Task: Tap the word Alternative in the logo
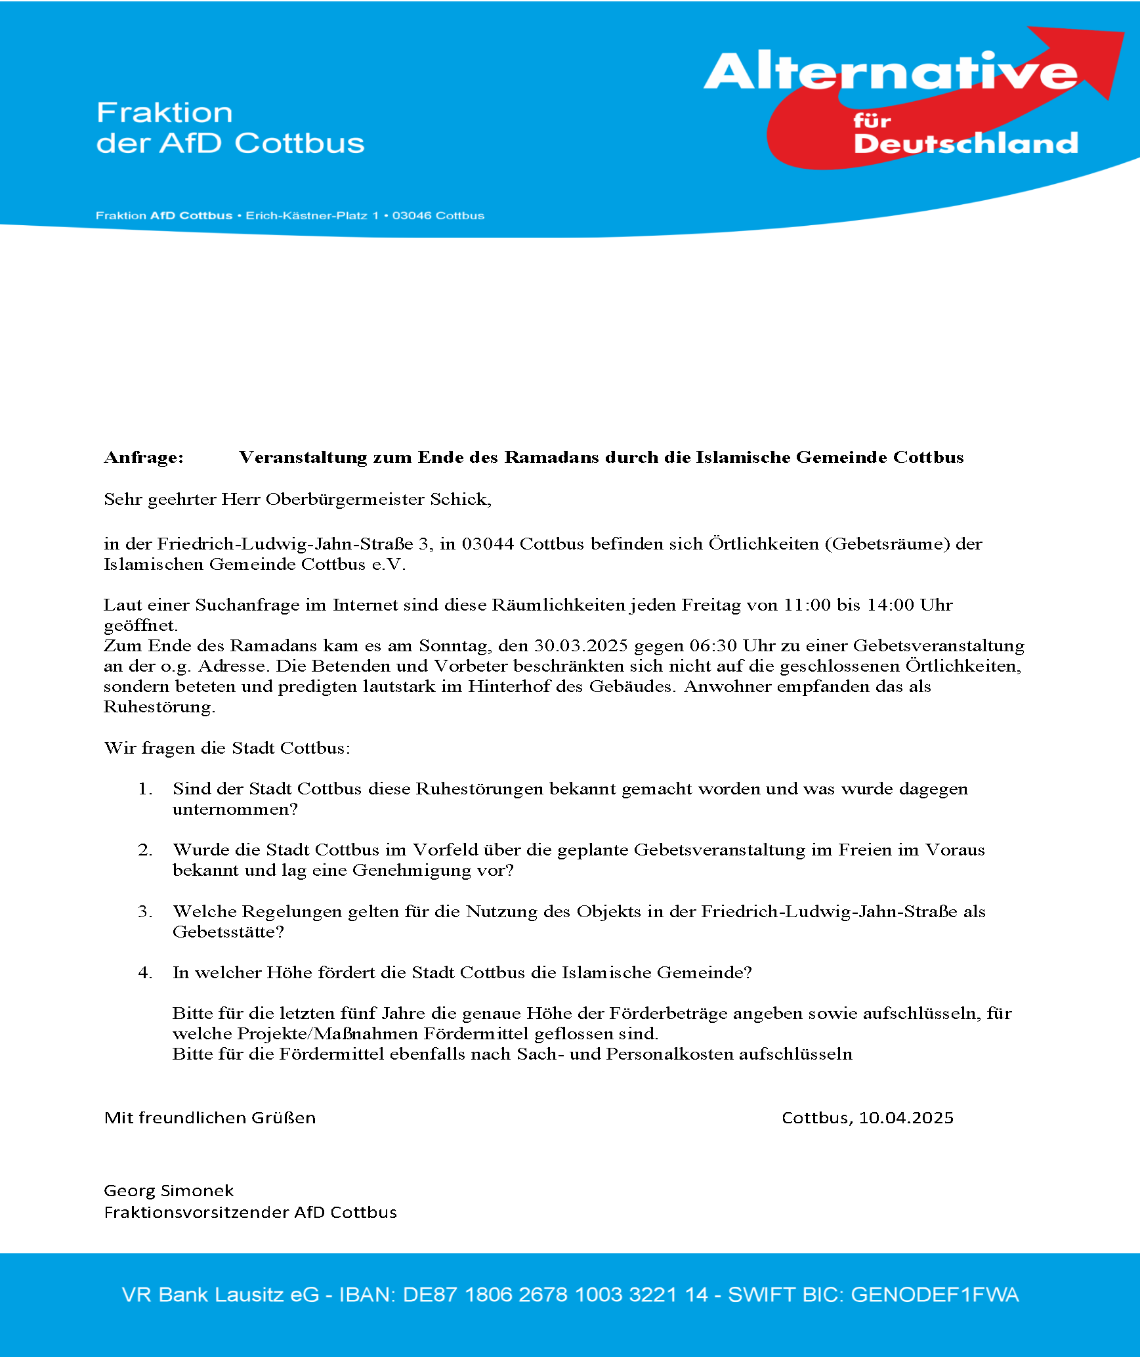[889, 72]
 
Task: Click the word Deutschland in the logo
[965, 143]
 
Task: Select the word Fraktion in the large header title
[165, 113]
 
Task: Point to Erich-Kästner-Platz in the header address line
[306, 216]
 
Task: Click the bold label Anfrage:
[144, 458]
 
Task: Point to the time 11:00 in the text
[807, 605]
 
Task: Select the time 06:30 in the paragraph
[713, 646]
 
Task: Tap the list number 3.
[144, 912]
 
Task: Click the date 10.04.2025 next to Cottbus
[906, 1118]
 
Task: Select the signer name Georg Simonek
[169, 1191]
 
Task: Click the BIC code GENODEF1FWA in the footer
[935, 1295]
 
